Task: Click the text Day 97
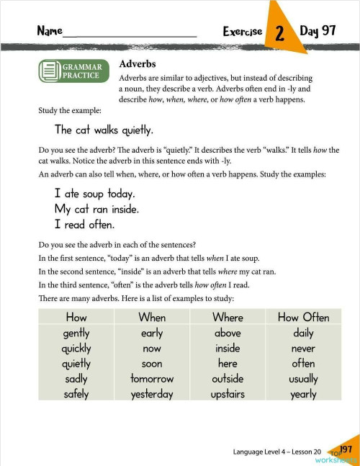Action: point(318,31)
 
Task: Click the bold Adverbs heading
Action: point(138,64)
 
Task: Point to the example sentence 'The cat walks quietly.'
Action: point(104,130)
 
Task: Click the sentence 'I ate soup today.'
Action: point(95,194)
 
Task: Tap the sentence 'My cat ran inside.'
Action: point(97,209)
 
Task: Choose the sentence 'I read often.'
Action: point(84,224)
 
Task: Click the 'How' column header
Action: point(76,317)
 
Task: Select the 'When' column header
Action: point(152,317)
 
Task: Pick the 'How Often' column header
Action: point(303,317)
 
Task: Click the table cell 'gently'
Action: point(76,333)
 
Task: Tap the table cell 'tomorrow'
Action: point(152,379)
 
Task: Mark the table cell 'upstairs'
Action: point(228,394)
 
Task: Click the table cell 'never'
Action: point(303,349)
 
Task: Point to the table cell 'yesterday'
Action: point(152,394)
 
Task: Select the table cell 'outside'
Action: point(228,379)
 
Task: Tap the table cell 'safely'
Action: point(76,394)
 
